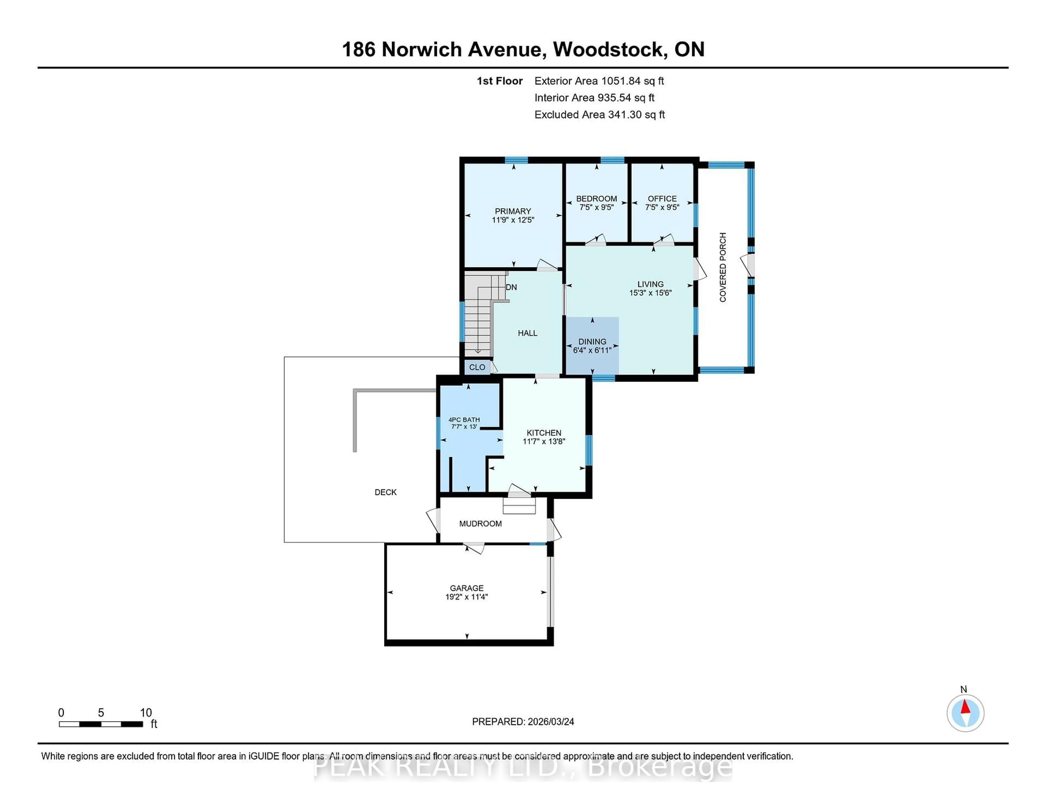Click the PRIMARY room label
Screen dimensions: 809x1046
tap(512, 215)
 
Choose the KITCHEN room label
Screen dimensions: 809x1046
tap(544, 437)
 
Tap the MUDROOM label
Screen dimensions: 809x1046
tap(481, 523)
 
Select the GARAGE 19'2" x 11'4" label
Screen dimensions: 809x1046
tap(467, 592)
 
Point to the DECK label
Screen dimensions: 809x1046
tap(385, 492)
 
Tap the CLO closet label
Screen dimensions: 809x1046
tap(477, 367)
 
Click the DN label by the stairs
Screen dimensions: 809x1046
tap(511, 287)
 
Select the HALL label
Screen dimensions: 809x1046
tap(527, 333)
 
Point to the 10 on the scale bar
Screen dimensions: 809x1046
tap(146, 713)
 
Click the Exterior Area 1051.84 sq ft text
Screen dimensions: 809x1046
tap(599, 81)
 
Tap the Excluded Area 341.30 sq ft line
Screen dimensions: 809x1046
tap(599, 114)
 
